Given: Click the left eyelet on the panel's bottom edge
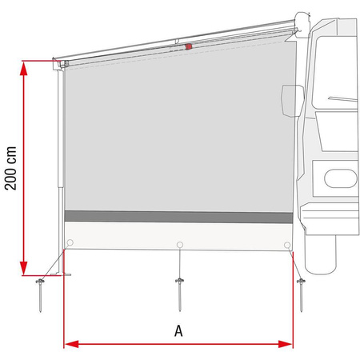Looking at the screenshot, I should (x=71, y=244).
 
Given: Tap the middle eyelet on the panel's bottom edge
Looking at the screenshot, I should (x=180, y=244).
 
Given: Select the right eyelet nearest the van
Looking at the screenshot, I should (x=286, y=244).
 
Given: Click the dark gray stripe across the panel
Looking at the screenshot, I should (x=178, y=217).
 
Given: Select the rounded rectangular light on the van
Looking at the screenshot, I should (x=333, y=176).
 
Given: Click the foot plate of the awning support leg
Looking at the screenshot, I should (x=59, y=277).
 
